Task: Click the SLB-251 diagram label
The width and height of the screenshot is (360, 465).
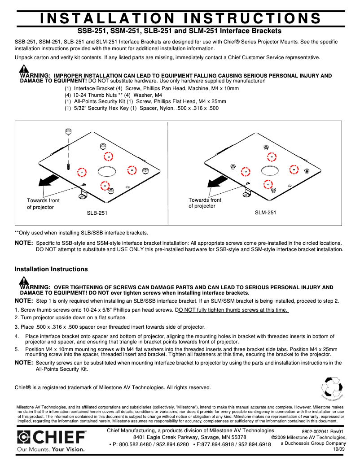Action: point(97,213)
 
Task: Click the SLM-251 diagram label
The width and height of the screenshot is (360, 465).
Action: point(265,213)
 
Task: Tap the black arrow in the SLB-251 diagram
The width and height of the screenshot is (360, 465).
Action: point(48,180)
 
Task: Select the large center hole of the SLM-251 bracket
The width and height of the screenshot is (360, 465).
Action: point(270,170)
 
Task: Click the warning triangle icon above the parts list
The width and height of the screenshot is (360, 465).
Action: point(24,69)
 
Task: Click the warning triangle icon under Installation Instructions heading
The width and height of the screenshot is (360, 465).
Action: point(24,281)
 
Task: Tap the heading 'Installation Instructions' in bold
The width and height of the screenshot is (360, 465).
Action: point(51,269)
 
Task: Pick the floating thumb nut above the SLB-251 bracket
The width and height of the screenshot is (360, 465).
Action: point(68,132)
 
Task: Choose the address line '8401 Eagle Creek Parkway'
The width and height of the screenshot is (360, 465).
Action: point(189,437)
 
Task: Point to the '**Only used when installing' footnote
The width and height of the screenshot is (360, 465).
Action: point(81,233)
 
